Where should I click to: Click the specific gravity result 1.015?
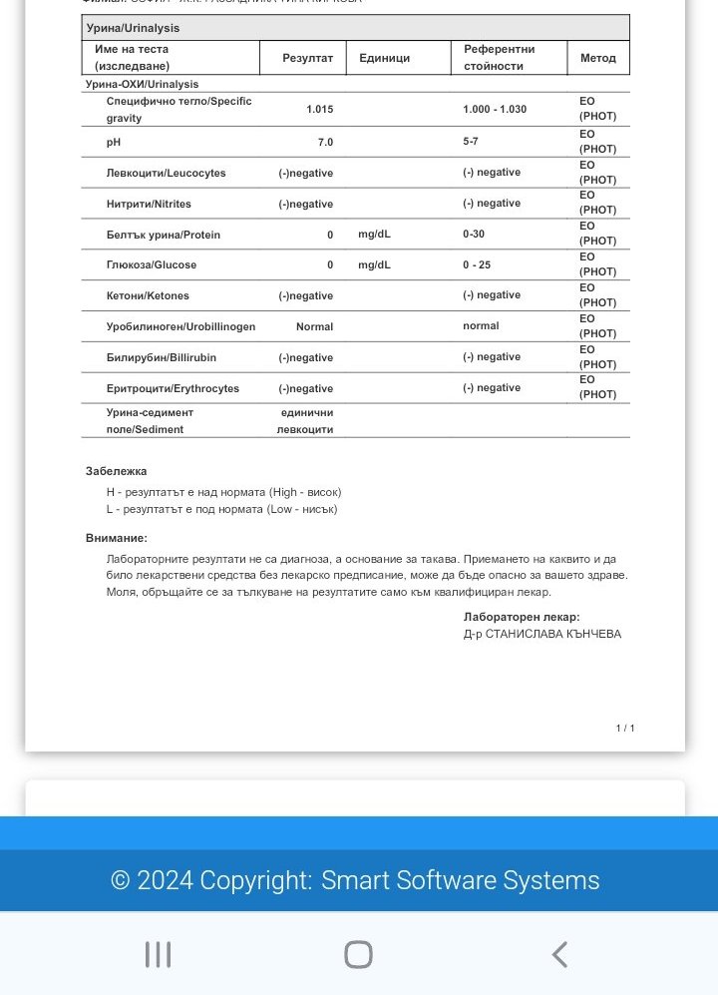[319, 109]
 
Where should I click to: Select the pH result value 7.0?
[325, 142]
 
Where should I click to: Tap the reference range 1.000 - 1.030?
[495, 109]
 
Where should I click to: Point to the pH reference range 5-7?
[471, 142]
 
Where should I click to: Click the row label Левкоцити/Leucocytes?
[166, 173]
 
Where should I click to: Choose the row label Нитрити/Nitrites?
[149, 204]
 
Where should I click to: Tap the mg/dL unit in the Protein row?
[374, 235]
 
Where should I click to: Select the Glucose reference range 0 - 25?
[477, 264]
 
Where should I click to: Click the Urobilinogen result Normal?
[314, 326]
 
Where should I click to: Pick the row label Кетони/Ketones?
[148, 295]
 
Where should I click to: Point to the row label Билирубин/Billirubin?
[162, 357]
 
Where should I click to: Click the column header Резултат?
[308, 58]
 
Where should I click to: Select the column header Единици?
[385, 58]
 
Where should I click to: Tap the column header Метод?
[598, 58]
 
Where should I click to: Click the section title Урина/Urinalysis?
[134, 28]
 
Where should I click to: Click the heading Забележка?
[117, 471]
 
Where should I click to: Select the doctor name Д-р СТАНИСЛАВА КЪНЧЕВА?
[542, 634]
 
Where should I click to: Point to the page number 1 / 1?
[625, 729]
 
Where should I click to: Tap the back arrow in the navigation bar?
[559, 954]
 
